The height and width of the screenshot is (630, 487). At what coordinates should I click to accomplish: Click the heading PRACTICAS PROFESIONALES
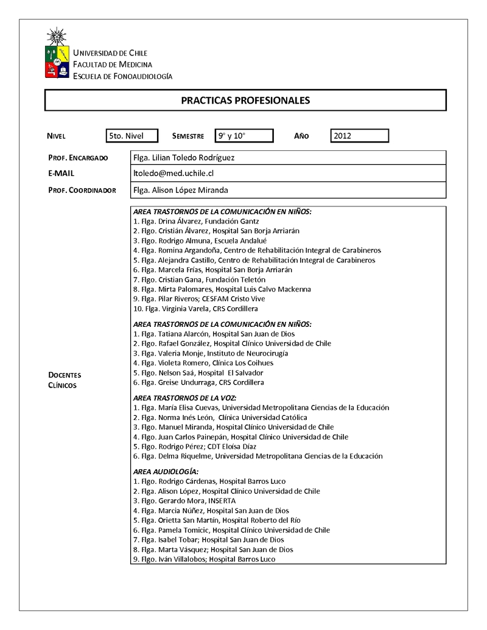click(x=245, y=100)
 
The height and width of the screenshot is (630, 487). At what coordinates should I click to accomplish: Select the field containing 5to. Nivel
click(x=131, y=136)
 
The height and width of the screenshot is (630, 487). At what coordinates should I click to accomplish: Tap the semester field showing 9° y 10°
click(x=244, y=136)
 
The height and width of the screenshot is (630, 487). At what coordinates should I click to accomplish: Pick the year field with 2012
click(x=359, y=136)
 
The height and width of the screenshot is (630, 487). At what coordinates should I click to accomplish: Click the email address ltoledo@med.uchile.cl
click(x=173, y=173)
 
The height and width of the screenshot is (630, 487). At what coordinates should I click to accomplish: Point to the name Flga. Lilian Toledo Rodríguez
click(x=184, y=158)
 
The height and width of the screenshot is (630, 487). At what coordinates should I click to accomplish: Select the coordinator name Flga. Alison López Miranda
click(x=181, y=190)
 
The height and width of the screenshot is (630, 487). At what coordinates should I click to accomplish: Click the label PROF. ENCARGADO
click(x=78, y=158)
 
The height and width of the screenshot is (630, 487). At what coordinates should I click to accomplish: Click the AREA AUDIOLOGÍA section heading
click(x=166, y=472)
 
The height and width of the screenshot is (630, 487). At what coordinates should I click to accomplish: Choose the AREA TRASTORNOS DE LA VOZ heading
click(x=193, y=397)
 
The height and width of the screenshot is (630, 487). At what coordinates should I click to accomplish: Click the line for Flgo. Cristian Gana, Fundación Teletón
click(x=191, y=279)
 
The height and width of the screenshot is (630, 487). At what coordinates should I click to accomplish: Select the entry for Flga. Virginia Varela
click(x=191, y=309)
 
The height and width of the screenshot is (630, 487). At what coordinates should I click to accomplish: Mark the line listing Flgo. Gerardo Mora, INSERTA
click(x=184, y=501)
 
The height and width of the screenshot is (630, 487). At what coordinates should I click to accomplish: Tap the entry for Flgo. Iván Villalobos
click(x=204, y=559)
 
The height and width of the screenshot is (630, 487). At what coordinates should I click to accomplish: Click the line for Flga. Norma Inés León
click(x=220, y=418)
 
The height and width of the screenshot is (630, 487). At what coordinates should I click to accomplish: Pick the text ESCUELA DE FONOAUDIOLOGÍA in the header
click(x=122, y=76)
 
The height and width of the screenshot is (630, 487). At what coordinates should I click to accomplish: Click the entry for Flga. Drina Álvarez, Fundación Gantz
click(x=196, y=222)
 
